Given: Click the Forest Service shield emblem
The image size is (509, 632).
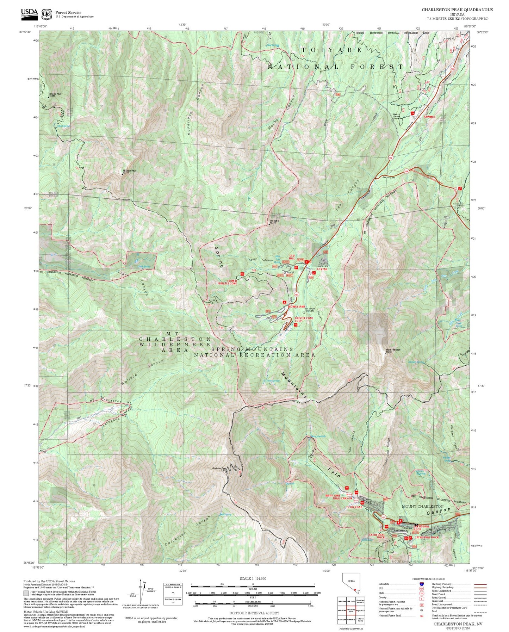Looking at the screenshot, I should point(46,14).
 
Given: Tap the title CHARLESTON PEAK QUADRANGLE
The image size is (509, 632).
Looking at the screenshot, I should point(457,10).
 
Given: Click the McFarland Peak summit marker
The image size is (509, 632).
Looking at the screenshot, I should point(122,174).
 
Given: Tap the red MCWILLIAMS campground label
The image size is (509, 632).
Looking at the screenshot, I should point(297,307).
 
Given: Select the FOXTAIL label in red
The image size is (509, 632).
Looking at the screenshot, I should point(322,269).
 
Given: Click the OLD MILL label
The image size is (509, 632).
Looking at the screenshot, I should point(292,257).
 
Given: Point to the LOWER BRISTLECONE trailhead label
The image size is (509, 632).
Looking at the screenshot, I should point(228,282).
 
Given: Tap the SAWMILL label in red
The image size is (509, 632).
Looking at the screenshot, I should point(429,117).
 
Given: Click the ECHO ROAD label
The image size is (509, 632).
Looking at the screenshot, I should point(354,507).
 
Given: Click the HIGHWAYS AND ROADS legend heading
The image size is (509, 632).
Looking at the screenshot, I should point(428,578).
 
